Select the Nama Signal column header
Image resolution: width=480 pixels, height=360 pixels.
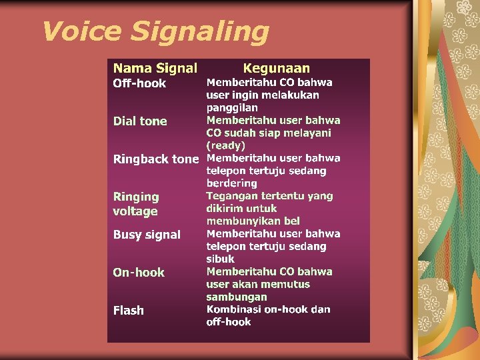(x=155, y=68)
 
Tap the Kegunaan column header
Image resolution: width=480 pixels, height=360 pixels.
(x=276, y=68)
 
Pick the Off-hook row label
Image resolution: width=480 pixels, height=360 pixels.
(x=139, y=83)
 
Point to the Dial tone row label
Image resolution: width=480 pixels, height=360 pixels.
(x=140, y=121)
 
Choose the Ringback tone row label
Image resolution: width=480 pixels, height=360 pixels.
(x=156, y=159)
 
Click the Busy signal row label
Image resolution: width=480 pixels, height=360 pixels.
(x=147, y=235)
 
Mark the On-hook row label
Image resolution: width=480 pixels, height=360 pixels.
(x=139, y=273)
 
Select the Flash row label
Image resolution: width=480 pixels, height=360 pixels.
(x=128, y=311)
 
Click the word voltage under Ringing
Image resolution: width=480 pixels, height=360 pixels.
(x=135, y=211)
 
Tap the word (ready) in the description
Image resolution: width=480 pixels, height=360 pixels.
(x=226, y=145)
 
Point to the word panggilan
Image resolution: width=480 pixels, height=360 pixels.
(x=232, y=107)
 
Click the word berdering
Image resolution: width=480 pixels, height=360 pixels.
(x=231, y=183)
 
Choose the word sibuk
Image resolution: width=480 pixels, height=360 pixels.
(x=221, y=259)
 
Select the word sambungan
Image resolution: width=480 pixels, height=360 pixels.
(x=237, y=297)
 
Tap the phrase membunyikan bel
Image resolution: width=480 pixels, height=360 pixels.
(x=253, y=221)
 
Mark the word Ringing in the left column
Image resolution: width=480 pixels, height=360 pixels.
(x=136, y=197)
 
